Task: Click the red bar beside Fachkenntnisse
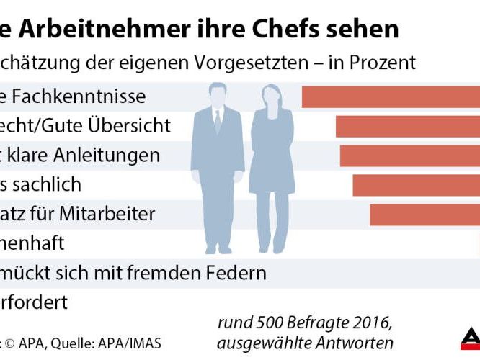click(390, 96)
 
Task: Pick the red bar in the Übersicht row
click(407, 126)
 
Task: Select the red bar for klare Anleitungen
click(409, 156)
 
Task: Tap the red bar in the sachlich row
click(416, 185)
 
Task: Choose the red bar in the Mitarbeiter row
click(425, 215)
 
